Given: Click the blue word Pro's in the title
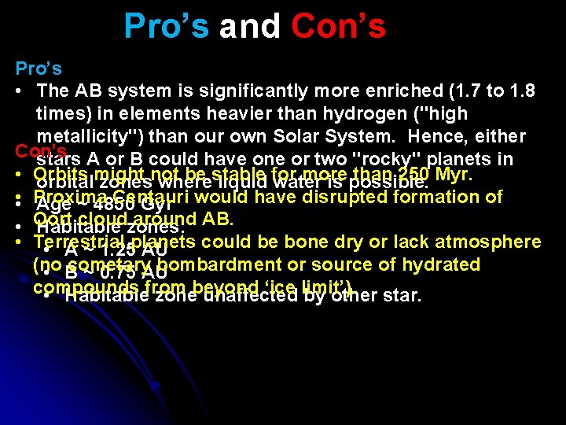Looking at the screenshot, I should click(167, 26).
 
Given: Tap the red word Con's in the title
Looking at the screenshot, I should click(338, 26).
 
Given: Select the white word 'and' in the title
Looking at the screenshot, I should click(249, 26).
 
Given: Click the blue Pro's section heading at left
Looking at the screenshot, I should click(39, 68).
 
